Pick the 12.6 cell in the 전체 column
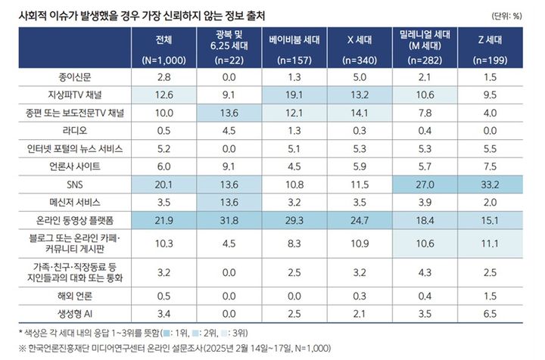point(163,95)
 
